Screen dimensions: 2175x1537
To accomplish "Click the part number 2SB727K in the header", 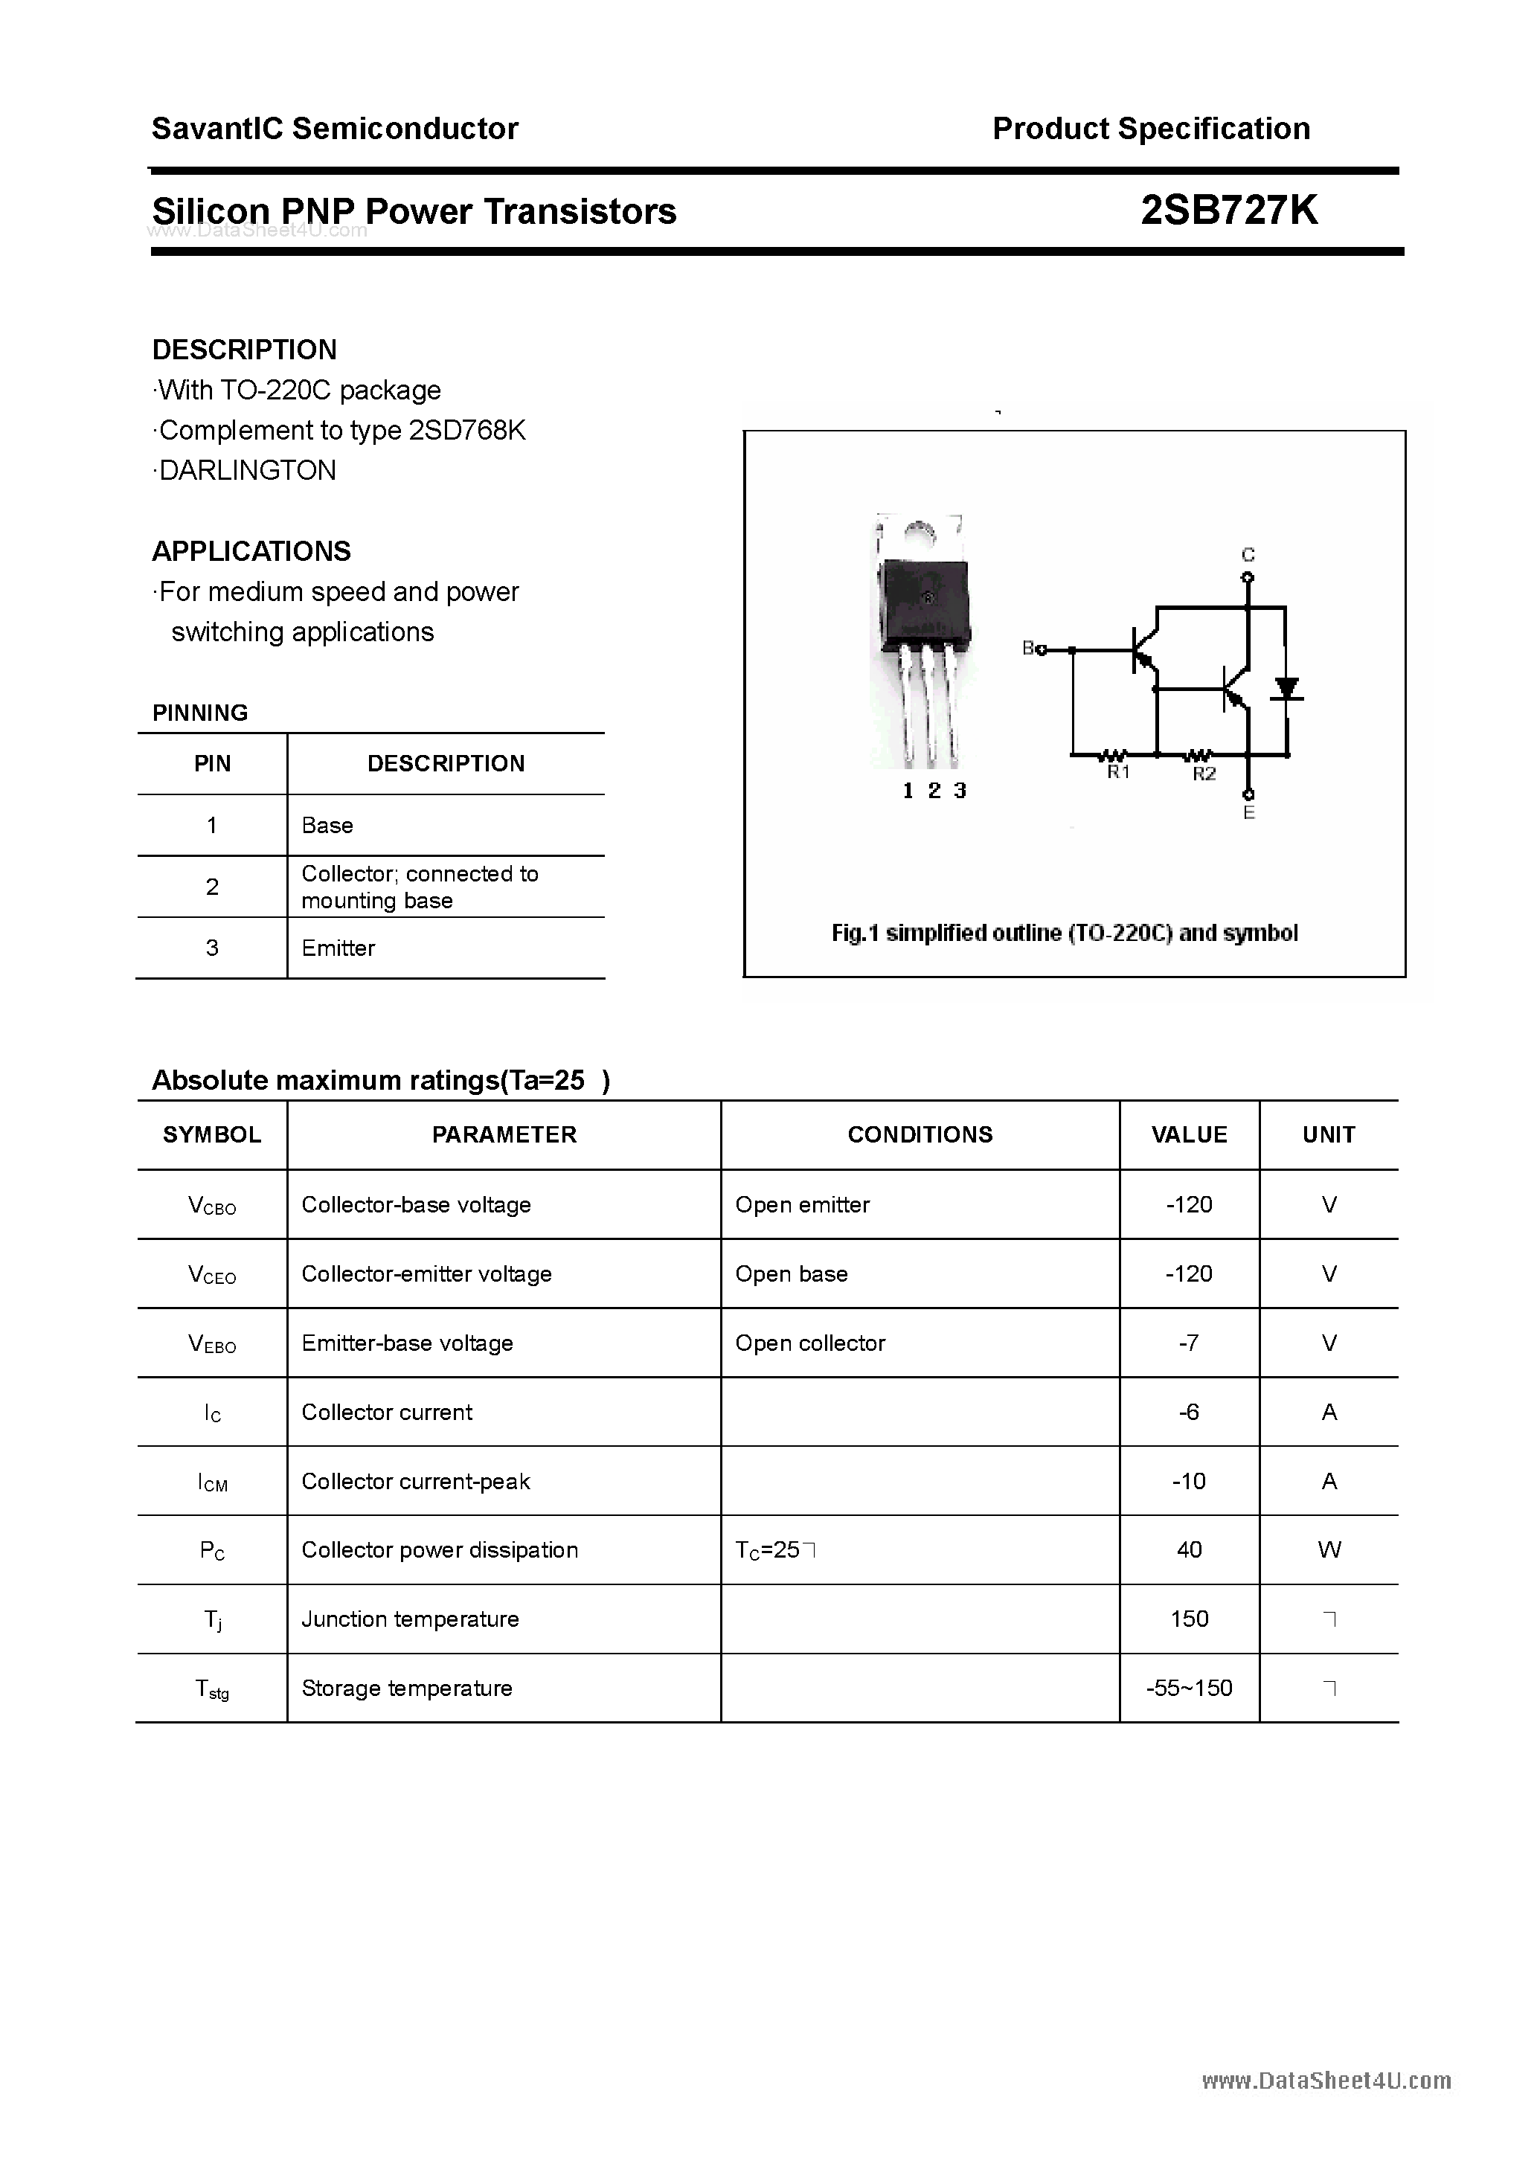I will [x=1228, y=211].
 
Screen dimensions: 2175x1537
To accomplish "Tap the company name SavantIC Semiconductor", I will [x=335, y=129].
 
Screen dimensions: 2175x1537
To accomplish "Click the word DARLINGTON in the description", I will [x=247, y=471].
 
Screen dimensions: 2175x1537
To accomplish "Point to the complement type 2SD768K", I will [x=466, y=431].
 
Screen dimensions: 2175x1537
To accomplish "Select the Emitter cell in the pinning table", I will [x=338, y=948].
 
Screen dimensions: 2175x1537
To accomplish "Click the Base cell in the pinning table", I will [x=327, y=825].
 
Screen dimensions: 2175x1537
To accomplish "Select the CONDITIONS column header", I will [x=920, y=1135].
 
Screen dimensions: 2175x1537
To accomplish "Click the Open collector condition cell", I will [x=810, y=1343].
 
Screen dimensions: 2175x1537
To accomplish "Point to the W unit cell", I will [x=1329, y=1549].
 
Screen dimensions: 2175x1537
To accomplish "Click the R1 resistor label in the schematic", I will [x=1119, y=773].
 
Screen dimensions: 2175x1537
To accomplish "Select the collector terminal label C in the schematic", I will [x=1248, y=555].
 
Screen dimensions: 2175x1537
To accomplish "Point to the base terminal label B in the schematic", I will [x=1028, y=649].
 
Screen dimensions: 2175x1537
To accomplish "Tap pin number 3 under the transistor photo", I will [x=960, y=791].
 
